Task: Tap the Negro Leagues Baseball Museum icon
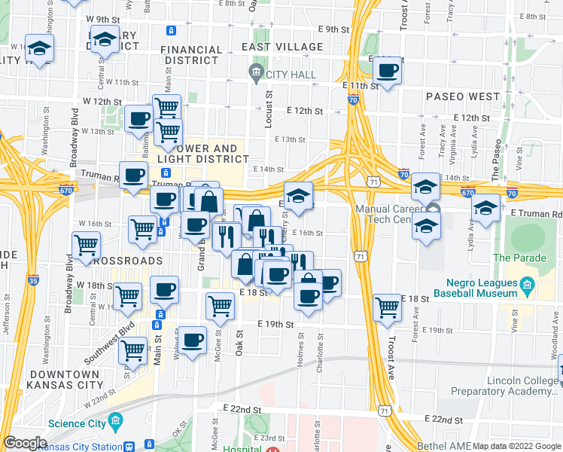click(527, 286)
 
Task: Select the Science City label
click(78, 423)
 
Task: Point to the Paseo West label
click(462, 96)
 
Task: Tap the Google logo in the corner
click(25, 443)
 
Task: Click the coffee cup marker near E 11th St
click(387, 72)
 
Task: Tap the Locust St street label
click(268, 110)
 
